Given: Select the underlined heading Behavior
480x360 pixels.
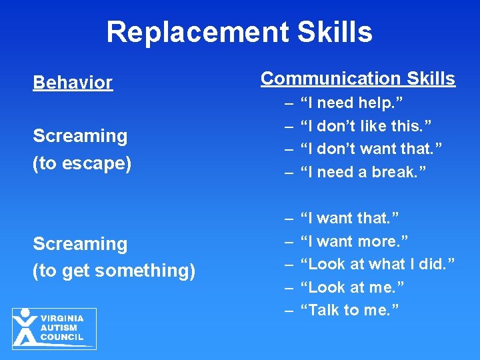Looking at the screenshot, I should click(x=73, y=83).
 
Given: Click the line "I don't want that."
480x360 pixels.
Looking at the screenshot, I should click(x=371, y=149).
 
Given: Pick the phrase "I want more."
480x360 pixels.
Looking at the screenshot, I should click(x=355, y=241).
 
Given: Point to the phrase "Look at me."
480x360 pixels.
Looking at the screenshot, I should click(x=353, y=287).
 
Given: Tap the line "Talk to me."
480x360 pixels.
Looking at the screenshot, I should click(x=349, y=310).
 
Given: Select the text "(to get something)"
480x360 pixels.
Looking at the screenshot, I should click(x=113, y=271).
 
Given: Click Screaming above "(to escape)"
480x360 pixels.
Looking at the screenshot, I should click(x=80, y=136).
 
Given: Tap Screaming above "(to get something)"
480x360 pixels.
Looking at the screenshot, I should click(x=80, y=244).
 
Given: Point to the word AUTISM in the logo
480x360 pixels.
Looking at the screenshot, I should click(x=59, y=328).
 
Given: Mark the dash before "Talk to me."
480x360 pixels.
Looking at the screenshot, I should click(x=289, y=310).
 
